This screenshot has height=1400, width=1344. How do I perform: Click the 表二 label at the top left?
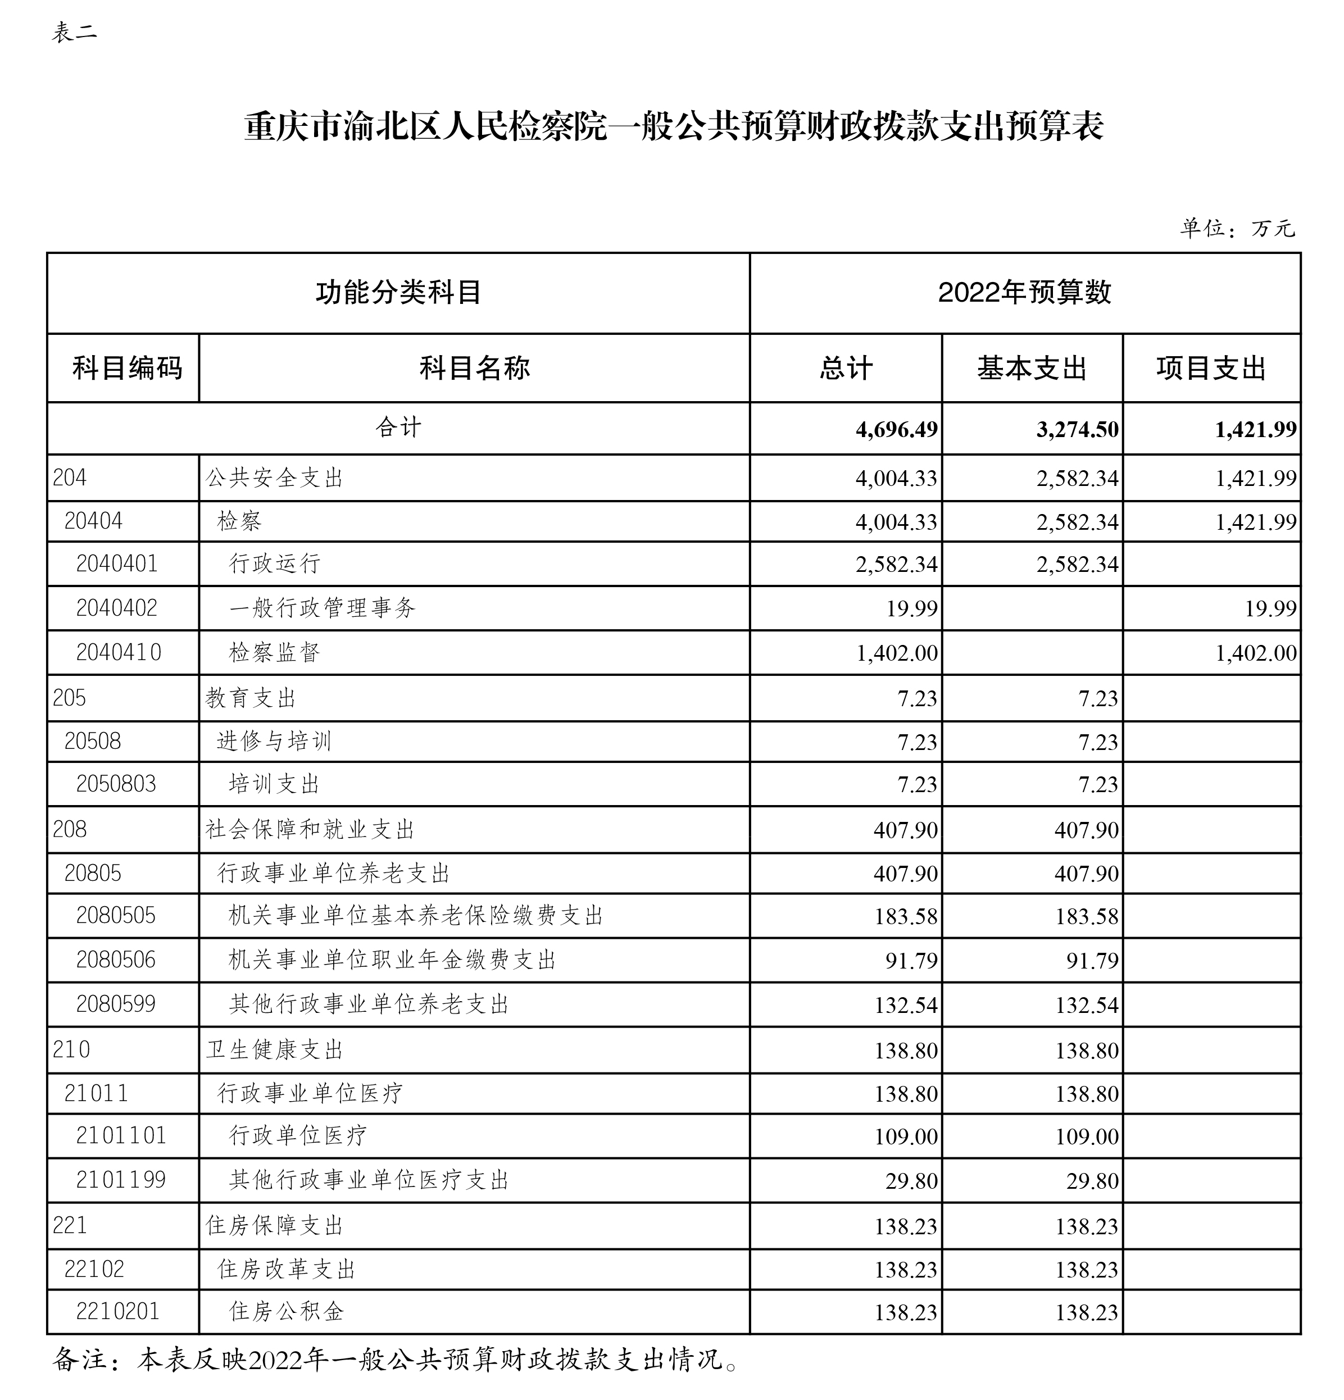point(74,33)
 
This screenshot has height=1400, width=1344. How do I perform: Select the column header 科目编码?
point(127,369)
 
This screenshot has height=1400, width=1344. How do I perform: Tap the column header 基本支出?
point(1032,369)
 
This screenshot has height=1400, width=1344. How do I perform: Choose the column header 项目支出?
point(1211,369)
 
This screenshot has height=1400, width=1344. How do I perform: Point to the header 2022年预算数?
point(1025,292)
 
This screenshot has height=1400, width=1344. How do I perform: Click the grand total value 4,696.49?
point(896,429)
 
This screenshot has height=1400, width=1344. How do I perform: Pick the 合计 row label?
point(398,428)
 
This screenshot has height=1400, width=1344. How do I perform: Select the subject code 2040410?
point(119,652)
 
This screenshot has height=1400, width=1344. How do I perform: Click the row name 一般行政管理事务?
point(321,608)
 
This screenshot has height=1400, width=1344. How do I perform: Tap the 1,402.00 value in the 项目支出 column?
point(1255,653)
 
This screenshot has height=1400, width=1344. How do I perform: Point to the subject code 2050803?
point(116,784)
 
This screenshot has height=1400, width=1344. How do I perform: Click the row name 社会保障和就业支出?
point(310,829)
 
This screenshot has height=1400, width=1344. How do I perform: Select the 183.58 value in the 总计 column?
point(905,916)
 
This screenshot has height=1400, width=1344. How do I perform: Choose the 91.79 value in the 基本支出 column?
point(1092,961)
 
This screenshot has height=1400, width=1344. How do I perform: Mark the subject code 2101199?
point(121,1179)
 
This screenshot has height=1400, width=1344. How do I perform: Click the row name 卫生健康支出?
point(274,1050)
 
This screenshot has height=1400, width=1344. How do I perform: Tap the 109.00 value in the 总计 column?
point(905,1137)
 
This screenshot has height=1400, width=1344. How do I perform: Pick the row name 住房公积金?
point(287,1311)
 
